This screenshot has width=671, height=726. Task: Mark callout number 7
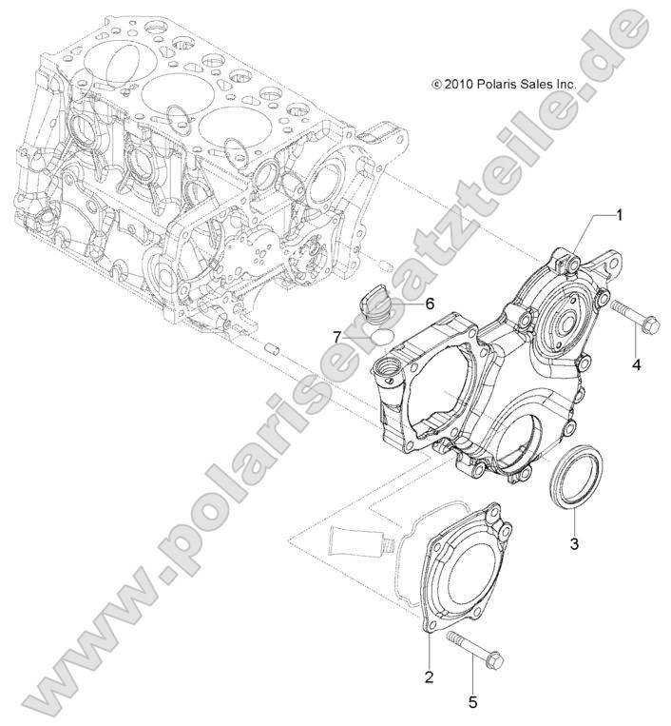pos(336,336)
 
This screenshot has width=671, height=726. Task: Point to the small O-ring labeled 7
pos(380,338)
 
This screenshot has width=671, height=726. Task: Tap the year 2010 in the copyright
pos(459,85)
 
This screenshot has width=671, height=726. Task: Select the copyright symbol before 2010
pos(436,85)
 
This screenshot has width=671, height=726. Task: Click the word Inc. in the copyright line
pos(565,85)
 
